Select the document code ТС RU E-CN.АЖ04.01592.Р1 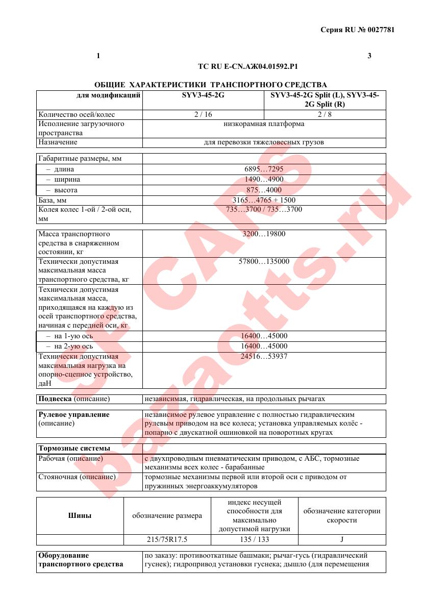247,66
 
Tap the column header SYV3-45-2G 203,95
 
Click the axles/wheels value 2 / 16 203,114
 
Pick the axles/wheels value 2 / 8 325,114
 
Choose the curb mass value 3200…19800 264,234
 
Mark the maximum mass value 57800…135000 264,262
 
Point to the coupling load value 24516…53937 264,357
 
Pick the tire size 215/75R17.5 167,539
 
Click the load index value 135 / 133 254,539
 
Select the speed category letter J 341,539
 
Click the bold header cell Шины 80,515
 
